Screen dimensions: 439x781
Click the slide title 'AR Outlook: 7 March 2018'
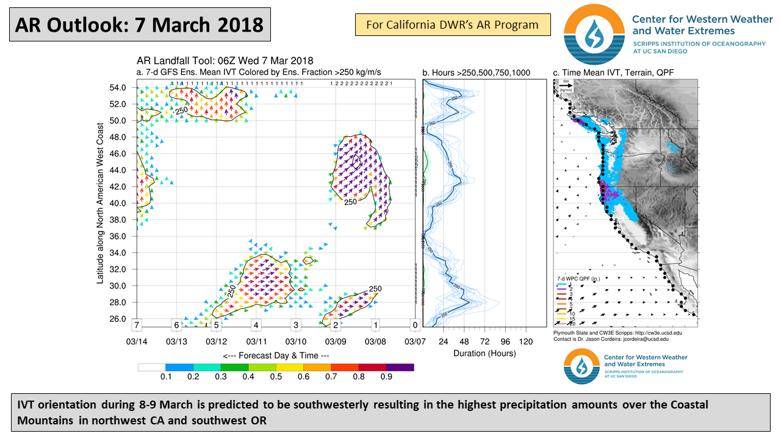(139, 25)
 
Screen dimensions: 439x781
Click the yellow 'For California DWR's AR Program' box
(452, 25)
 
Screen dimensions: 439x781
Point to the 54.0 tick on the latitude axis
(117, 88)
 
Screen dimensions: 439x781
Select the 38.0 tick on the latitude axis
(117, 220)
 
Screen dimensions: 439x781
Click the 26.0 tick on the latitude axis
(117, 319)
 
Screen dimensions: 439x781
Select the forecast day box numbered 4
(256, 325)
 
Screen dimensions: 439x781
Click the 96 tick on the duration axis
(505, 341)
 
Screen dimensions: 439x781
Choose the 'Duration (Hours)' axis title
(484, 353)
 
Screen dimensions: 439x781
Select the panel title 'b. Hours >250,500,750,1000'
(476, 73)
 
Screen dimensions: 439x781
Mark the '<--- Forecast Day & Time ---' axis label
(276, 355)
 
